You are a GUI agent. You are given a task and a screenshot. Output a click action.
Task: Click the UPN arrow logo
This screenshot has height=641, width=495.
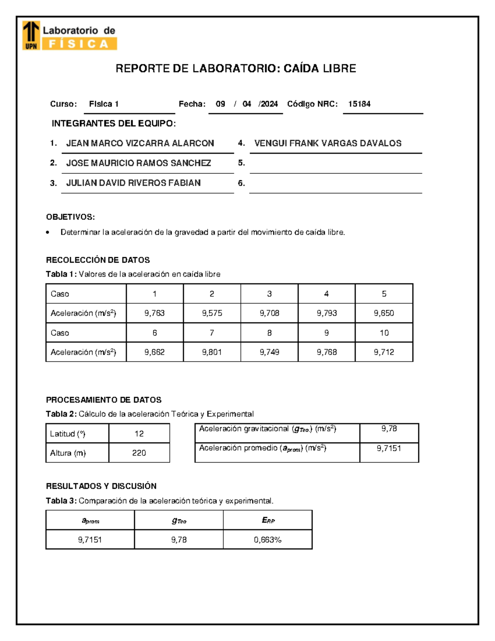31,35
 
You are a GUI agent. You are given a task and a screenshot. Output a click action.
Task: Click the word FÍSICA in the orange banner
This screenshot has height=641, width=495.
78,44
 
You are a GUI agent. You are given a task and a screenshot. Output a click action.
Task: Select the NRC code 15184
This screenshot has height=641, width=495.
359,104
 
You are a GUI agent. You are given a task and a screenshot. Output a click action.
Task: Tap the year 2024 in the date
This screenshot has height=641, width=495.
269,104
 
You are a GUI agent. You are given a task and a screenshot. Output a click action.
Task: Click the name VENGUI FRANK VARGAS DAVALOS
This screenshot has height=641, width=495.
328,143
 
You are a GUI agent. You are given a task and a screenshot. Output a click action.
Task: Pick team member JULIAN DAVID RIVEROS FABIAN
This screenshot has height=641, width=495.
133,183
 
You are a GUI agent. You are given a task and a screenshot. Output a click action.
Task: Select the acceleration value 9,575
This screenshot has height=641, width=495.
212,313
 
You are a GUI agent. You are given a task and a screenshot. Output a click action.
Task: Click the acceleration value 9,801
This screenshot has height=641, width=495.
212,352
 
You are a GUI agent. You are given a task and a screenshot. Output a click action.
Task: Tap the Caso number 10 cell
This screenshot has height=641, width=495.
384,333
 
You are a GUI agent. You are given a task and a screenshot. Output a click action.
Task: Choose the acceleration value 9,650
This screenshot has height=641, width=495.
384,313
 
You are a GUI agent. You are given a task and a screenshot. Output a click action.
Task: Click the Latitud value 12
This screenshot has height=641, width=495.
139,434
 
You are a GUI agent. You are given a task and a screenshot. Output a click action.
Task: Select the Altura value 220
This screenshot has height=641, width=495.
139,453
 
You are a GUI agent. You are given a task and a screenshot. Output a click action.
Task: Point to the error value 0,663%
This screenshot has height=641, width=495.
267,540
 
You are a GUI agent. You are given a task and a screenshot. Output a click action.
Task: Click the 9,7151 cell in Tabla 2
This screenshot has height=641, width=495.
389,449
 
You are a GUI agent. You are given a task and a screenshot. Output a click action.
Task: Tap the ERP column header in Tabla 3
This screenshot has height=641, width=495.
268,520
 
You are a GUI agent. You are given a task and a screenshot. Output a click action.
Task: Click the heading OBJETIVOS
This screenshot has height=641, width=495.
71,217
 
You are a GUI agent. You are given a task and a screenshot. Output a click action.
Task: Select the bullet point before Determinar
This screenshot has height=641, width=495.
48,233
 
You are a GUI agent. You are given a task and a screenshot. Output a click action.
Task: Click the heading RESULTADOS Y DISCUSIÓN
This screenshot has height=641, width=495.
101,486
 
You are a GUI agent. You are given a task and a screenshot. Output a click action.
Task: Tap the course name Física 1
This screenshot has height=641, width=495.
104,104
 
